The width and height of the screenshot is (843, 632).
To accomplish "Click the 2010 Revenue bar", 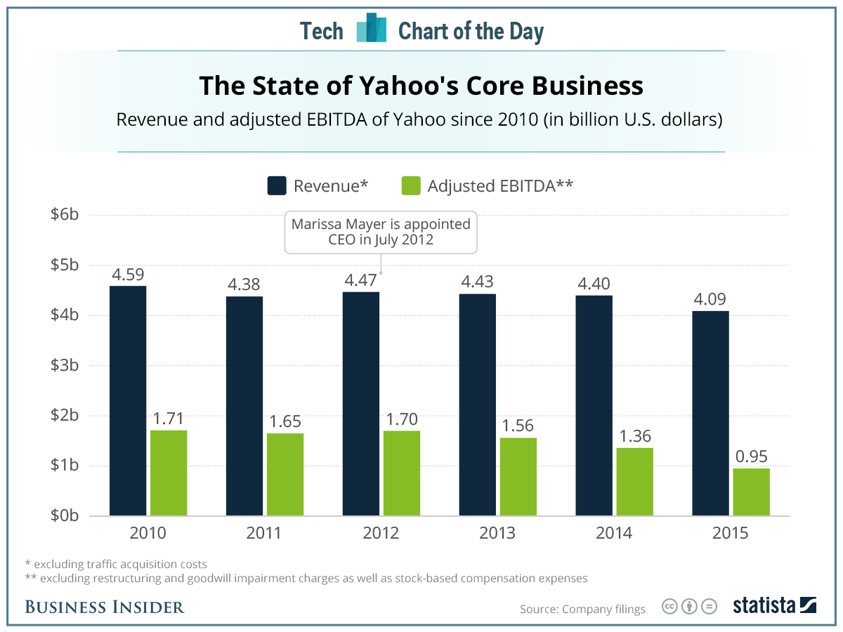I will [x=128, y=400].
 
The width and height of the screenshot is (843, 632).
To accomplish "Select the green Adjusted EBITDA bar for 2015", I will [x=751, y=492].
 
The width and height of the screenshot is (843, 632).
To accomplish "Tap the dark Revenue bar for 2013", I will [x=478, y=404].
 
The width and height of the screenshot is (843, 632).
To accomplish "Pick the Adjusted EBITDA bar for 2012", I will [x=402, y=473].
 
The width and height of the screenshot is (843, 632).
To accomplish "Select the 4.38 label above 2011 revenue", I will [x=244, y=285].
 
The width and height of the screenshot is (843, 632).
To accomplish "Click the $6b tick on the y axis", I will [x=64, y=215].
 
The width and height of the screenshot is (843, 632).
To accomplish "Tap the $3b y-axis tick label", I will [x=64, y=365].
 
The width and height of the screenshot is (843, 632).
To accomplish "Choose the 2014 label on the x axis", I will [x=614, y=533].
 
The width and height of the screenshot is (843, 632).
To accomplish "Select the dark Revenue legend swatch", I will [x=277, y=186].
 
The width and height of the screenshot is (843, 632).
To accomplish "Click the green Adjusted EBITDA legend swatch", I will [x=411, y=186].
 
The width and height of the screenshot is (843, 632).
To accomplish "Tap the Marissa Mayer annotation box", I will [x=381, y=232].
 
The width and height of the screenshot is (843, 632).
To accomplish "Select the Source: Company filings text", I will [x=582, y=609].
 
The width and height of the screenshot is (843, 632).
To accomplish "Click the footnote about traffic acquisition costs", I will [x=116, y=564].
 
